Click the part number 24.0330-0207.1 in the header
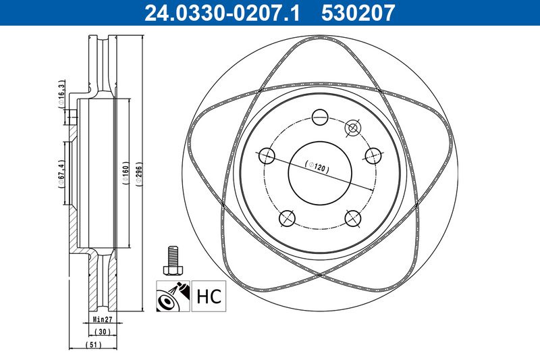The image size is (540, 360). [x=222, y=13]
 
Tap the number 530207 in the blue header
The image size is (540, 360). [x=358, y=13]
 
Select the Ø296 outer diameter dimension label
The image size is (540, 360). [x=139, y=174]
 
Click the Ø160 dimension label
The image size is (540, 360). [x=126, y=174]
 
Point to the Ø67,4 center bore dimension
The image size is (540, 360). [x=61, y=174]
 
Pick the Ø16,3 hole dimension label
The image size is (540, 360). [x=61, y=94]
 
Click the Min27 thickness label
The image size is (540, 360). [x=103, y=319]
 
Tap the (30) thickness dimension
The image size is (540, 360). [x=103, y=332]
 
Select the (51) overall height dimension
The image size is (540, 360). [x=93, y=344]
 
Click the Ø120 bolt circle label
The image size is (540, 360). [x=317, y=167]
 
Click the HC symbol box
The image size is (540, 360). [x=209, y=296]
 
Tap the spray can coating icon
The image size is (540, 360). [x=173, y=296]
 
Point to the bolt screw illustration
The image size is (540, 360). [x=173, y=261]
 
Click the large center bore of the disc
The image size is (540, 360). [x=320, y=173]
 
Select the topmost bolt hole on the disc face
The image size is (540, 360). [x=320, y=117]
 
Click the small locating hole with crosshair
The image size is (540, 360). [x=352, y=128]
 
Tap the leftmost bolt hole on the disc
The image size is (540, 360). [x=267, y=156]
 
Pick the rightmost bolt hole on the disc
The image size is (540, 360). [x=373, y=156]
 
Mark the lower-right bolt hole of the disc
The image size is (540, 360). [x=353, y=218]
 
